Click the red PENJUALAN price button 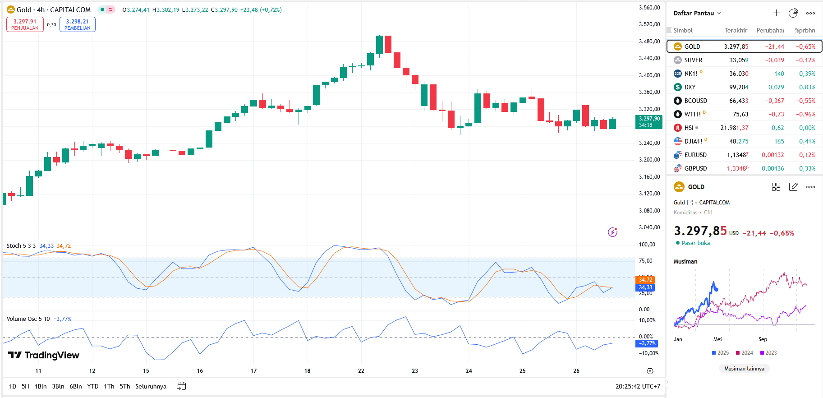pyautogui.click(x=25, y=24)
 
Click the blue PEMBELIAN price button pyautogui.click(x=77, y=24)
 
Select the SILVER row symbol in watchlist pyautogui.click(x=693, y=60)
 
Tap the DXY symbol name pyautogui.click(x=690, y=87)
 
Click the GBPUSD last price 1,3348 pyautogui.click(x=737, y=168)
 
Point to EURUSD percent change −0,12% pyautogui.click(x=805, y=155)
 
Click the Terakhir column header pyautogui.click(x=736, y=30)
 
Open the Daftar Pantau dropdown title pyautogui.click(x=697, y=13)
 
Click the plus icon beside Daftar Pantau pyautogui.click(x=776, y=13)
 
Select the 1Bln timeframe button pyautogui.click(x=41, y=386)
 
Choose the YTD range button pyautogui.click(x=92, y=386)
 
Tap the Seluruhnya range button pyautogui.click(x=151, y=386)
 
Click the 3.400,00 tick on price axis pyautogui.click(x=649, y=75)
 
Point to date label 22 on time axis pyautogui.click(x=361, y=370)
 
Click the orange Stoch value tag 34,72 pyautogui.click(x=645, y=280)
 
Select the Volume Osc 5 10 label pyautogui.click(x=28, y=319)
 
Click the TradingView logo pyautogui.click(x=44, y=355)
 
